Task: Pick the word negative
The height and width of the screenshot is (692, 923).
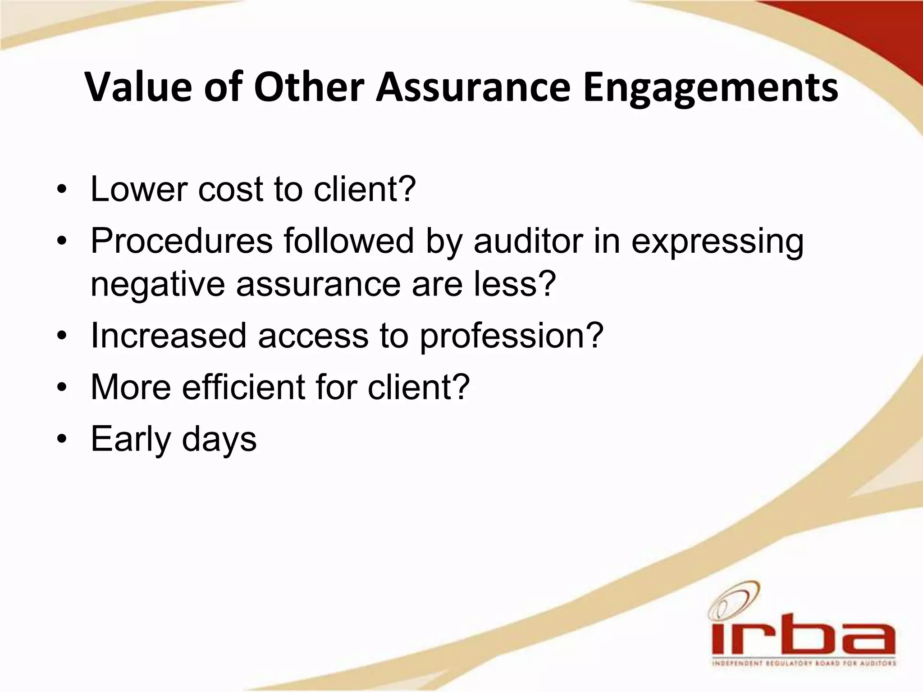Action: (x=157, y=285)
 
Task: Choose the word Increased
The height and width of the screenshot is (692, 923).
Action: (x=169, y=336)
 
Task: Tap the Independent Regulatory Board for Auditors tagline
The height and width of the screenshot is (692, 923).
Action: (x=803, y=664)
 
